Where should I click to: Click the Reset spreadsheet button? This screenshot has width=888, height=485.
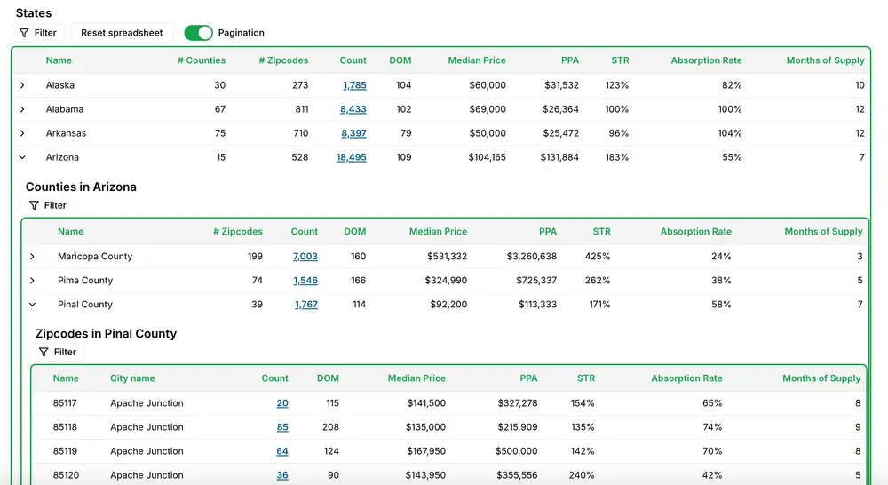point(122,33)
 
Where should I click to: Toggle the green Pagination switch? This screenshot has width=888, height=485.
point(198,33)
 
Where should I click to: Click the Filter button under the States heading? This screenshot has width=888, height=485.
point(38,33)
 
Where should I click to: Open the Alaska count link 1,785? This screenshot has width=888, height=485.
point(354,85)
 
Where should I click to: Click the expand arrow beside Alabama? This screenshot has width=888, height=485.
point(22,109)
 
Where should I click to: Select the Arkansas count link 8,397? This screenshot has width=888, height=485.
point(353,133)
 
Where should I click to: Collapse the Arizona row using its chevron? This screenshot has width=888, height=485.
point(22,157)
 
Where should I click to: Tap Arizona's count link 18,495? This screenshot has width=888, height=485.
point(351,157)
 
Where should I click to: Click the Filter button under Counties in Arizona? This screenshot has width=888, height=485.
point(48,205)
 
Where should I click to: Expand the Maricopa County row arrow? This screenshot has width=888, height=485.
point(32,257)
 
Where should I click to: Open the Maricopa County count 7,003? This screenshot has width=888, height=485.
point(305,256)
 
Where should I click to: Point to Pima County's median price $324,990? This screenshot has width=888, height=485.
point(446,281)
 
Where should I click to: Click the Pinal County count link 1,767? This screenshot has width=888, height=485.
point(305,305)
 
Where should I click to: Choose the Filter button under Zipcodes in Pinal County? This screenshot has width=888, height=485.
point(58,352)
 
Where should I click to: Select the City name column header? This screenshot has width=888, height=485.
point(132,378)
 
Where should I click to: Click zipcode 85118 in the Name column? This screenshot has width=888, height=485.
point(65,427)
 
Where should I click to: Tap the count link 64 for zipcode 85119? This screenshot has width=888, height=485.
point(282,451)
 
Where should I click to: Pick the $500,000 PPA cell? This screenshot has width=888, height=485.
point(517,451)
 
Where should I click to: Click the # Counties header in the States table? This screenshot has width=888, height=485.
point(202,60)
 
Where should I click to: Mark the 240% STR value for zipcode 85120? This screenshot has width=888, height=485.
point(582,475)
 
